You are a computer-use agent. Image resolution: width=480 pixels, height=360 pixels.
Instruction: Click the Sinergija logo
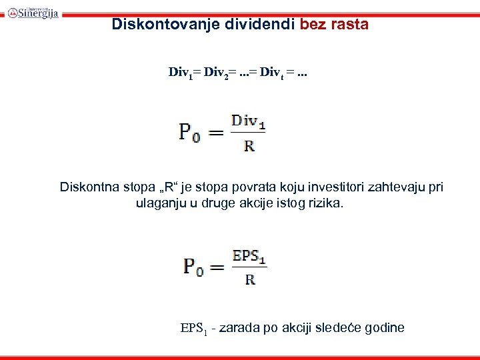[33, 11]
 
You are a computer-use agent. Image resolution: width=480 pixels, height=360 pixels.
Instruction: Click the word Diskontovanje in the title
[151, 25]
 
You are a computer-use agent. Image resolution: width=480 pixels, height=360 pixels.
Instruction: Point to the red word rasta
[349, 25]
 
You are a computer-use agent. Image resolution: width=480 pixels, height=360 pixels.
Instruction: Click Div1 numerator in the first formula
[248, 121]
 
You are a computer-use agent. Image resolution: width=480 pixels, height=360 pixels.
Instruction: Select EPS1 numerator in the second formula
[249, 256]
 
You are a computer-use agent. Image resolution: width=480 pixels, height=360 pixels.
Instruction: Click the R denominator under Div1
[249, 145]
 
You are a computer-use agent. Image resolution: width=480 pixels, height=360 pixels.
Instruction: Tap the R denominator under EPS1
[250, 279]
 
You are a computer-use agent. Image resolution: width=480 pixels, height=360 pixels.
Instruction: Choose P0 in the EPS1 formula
[194, 267]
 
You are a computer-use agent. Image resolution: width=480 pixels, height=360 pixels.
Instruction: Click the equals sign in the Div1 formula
[216, 133]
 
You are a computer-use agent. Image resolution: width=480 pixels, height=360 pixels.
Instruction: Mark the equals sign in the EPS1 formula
[217, 268]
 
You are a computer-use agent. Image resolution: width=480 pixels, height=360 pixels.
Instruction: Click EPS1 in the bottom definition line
[193, 328]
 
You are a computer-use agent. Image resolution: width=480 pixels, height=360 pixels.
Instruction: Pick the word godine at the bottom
[381, 328]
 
